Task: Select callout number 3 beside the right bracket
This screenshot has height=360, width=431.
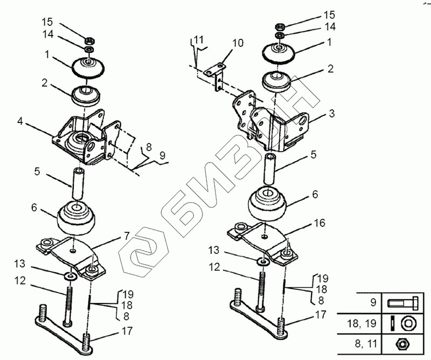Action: click(331, 114)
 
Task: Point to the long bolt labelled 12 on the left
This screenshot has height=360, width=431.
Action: click(68, 304)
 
